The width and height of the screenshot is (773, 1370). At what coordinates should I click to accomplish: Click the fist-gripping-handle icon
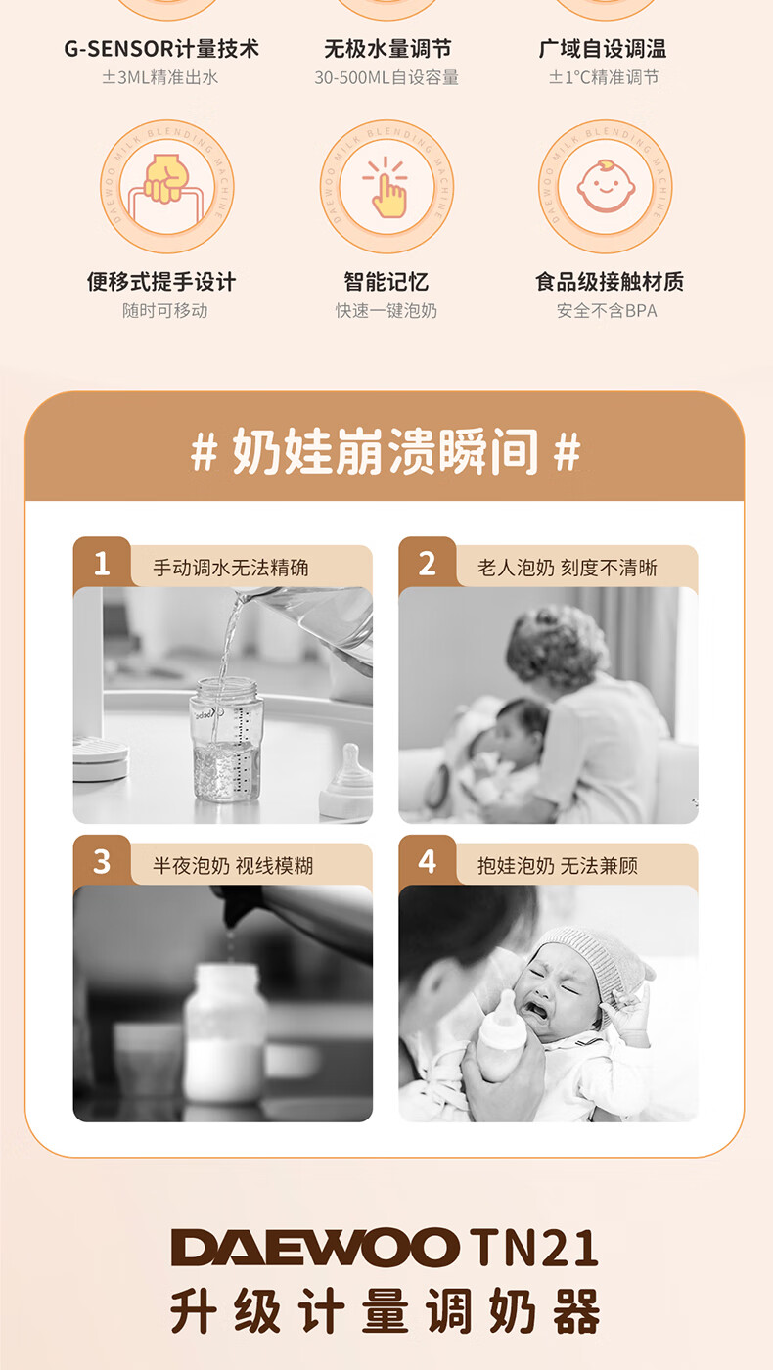[x=163, y=187]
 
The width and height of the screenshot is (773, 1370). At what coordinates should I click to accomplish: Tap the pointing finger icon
[x=386, y=187]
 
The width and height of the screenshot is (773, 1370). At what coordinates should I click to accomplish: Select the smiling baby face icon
[x=605, y=186]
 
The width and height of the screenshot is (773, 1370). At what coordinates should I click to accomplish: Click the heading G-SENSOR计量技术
[x=161, y=48]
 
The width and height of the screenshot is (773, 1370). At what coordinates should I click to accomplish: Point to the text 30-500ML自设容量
[x=386, y=77]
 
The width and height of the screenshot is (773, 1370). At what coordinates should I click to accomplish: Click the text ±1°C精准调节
[x=605, y=77]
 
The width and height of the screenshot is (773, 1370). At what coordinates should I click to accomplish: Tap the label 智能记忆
[x=386, y=282]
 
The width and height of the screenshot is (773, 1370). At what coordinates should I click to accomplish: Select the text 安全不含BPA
[x=607, y=311]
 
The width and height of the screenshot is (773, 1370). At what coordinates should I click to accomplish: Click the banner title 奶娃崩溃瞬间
[x=386, y=451]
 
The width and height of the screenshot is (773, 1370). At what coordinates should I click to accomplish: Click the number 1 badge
[x=102, y=564]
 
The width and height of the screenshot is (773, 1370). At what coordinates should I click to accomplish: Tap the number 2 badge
[x=427, y=564]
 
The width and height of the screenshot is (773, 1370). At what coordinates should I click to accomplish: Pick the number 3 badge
[x=102, y=862]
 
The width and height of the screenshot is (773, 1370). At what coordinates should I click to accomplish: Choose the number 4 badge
[x=427, y=862]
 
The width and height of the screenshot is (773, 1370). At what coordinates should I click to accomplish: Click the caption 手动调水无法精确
[x=231, y=568]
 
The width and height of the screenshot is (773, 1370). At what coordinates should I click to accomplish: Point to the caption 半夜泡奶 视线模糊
[x=233, y=865]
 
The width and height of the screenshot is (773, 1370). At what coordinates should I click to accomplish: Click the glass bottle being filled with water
[x=226, y=739]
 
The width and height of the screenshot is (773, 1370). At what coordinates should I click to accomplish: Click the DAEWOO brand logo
[x=315, y=1247]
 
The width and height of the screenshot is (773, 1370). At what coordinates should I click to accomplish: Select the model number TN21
[x=533, y=1247]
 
